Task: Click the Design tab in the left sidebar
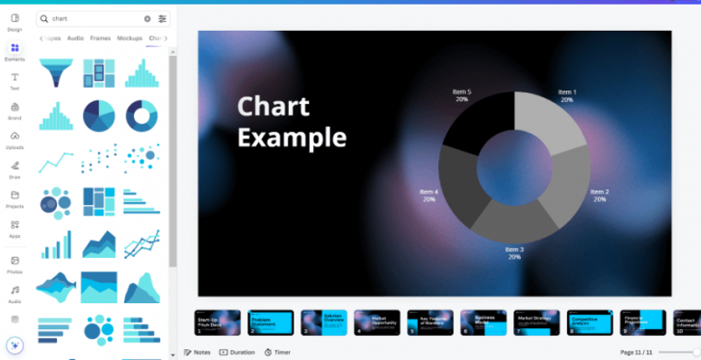(x=14, y=21)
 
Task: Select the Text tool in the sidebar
(x=14, y=80)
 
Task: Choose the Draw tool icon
(x=14, y=168)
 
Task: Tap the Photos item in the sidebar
(x=14, y=264)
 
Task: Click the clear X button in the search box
(x=147, y=18)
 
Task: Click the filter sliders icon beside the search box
(x=162, y=18)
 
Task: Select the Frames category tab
(x=100, y=39)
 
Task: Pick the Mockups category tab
(x=129, y=39)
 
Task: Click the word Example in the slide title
(x=292, y=137)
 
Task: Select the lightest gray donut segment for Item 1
(x=549, y=120)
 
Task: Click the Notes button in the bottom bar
(x=196, y=352)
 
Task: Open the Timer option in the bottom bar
(x=277, y=352)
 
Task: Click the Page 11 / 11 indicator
(x=636, y=352)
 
